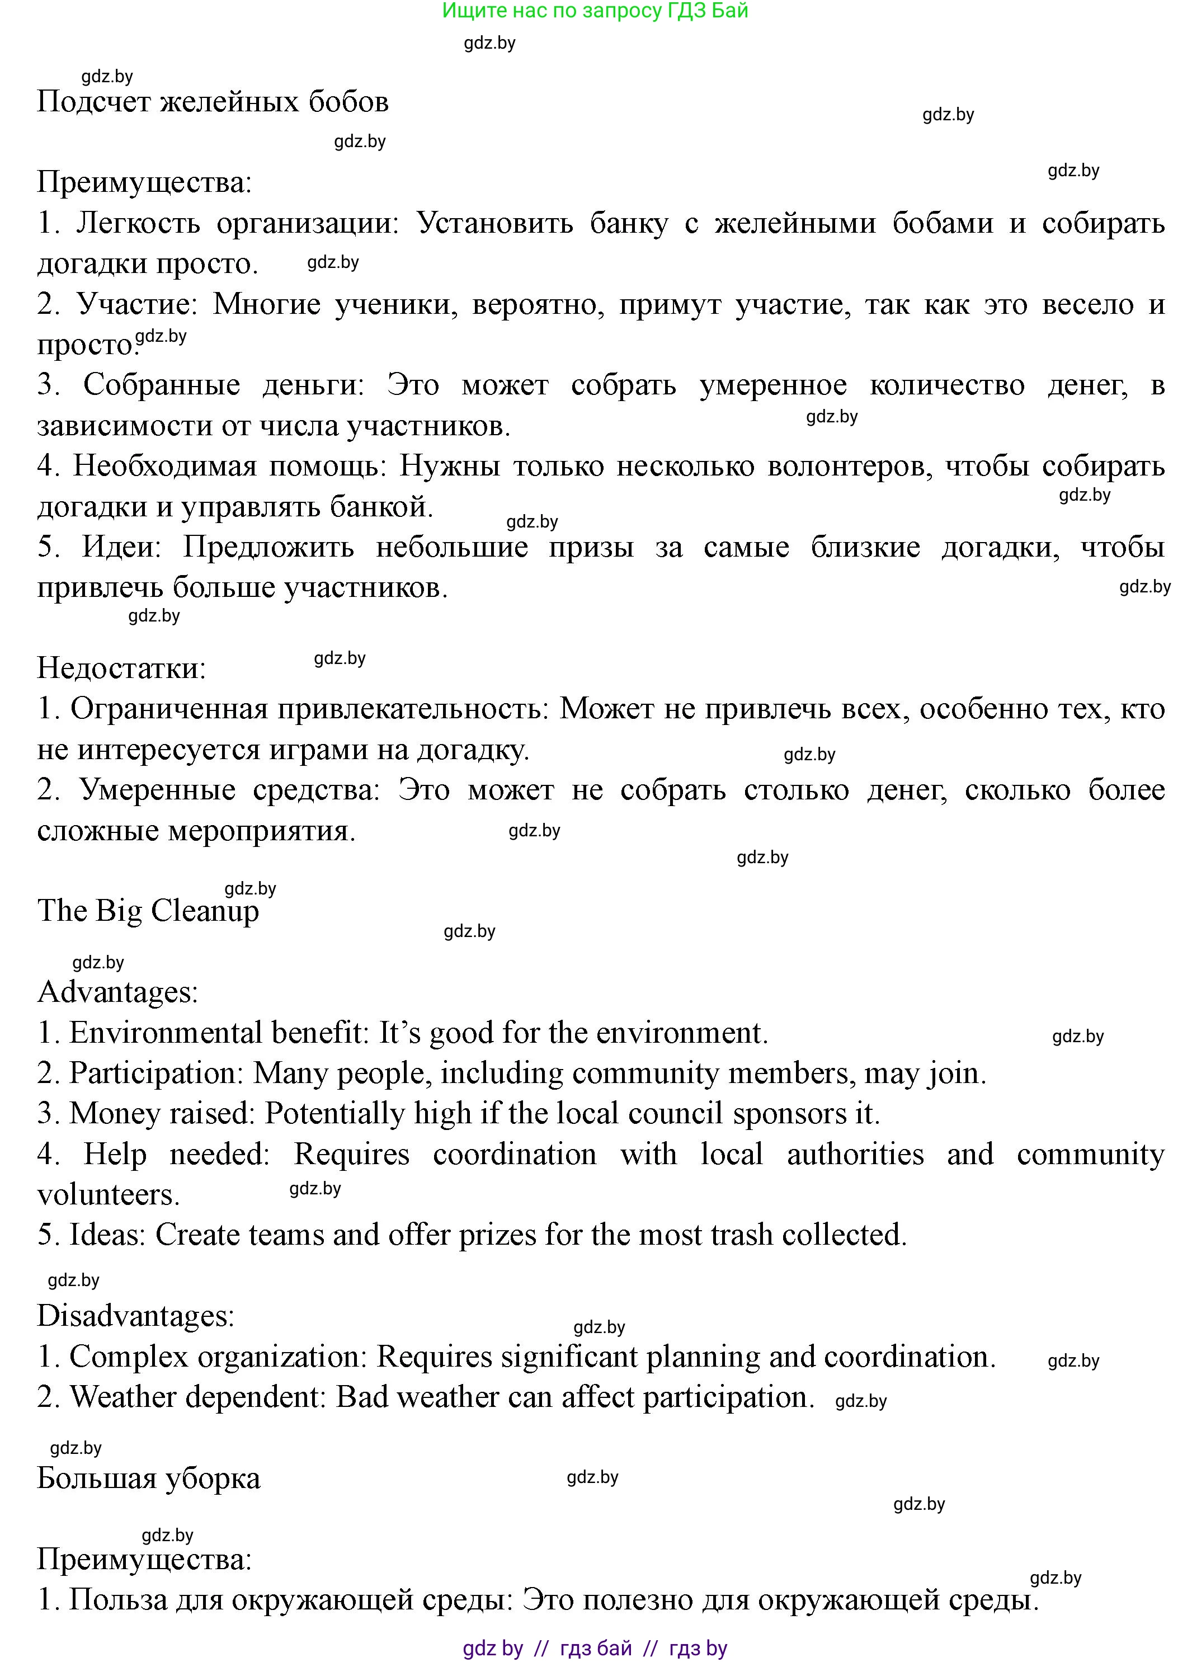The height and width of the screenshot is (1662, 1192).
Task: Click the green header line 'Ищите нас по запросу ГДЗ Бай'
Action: click(595, 11)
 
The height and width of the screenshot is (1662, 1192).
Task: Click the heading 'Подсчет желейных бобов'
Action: click(213, 102)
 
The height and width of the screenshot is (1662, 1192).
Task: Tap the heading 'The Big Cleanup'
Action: click(148, 911)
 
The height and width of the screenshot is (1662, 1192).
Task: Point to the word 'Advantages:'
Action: click(118, 992)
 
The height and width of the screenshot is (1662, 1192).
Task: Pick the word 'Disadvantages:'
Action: click(135, 1315)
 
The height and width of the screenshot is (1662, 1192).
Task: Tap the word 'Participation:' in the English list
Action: click(156, 1073)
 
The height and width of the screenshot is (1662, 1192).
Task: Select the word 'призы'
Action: click(591, 547)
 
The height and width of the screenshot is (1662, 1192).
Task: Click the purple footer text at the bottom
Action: click(595, 1648)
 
